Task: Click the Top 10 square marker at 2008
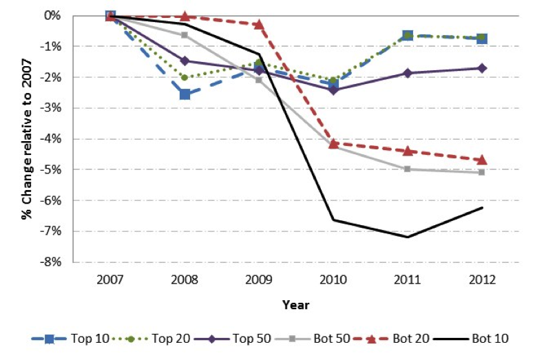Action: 185,94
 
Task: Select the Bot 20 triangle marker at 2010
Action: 333,143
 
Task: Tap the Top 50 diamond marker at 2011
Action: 408,73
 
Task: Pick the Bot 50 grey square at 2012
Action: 482,172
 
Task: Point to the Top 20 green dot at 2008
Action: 185,77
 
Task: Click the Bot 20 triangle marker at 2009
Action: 259,24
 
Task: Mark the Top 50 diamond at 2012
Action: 482,68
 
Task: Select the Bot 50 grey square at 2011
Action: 408,169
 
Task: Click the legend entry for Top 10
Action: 65,339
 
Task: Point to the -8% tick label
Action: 54,262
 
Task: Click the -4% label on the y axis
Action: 54,139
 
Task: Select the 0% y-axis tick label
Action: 56,16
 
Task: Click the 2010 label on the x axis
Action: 333,280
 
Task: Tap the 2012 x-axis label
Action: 482,280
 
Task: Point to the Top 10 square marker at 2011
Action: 408,35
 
